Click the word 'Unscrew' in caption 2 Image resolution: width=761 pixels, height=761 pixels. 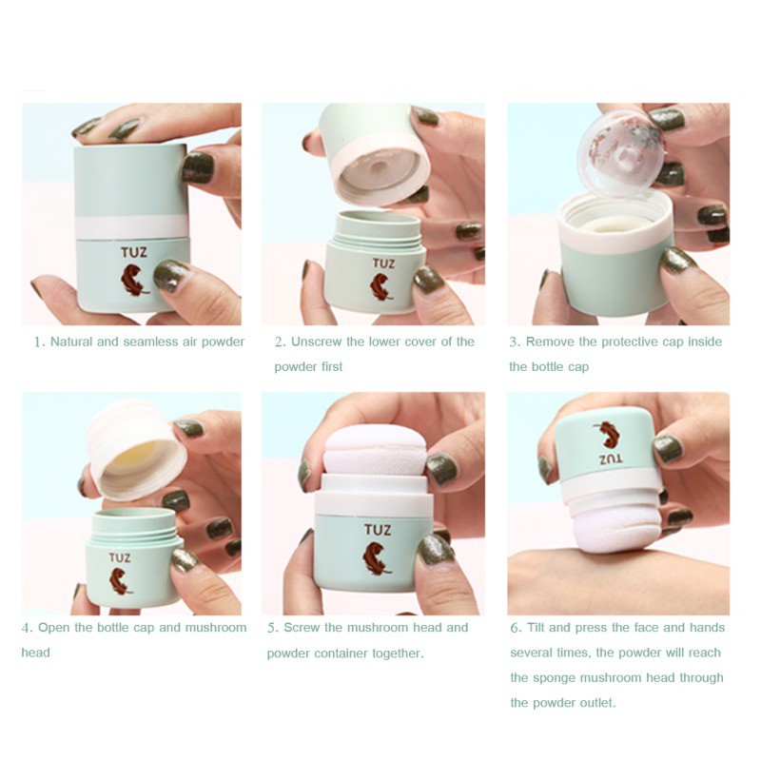(317, 341)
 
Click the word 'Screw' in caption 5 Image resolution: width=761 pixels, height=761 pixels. (302, 627)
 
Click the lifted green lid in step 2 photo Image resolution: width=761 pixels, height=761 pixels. (371, 143)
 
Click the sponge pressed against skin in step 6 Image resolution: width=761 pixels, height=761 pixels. (623, 526)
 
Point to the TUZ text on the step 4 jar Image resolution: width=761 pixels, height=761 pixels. (120, 558)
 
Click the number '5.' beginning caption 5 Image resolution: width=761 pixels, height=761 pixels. (272, 627)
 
